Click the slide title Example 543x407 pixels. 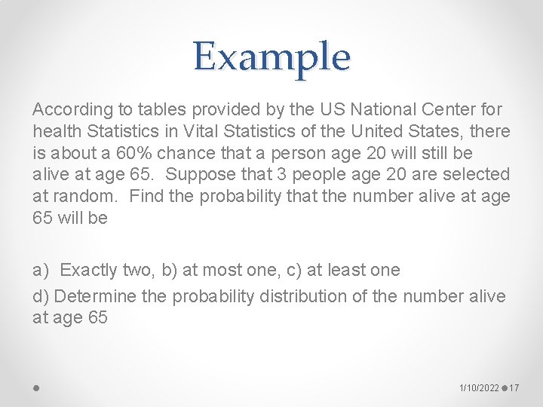point(271,57)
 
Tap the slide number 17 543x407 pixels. point(515,387)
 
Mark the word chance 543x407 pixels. point(192,153)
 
